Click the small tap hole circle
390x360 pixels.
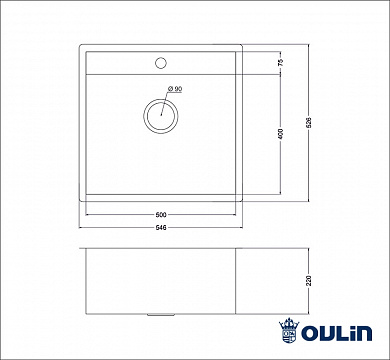click(158, 63)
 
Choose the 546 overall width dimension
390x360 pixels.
click(160, 229)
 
